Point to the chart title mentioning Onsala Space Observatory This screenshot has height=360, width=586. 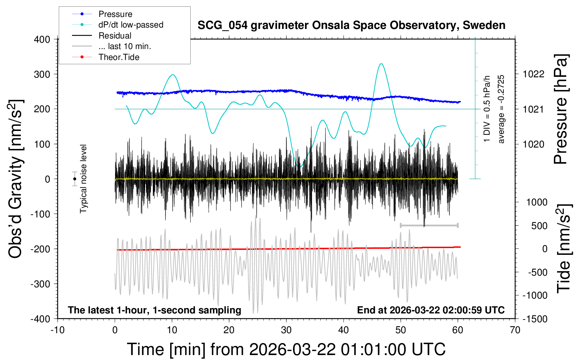pyautogui.click(x=351, y=25)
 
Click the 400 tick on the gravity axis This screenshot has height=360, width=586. pyautogui.click(x=42, y=40)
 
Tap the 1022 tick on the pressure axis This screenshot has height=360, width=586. pyautogui.click(x=533, y=74)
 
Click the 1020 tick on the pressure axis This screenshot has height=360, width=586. pyautogui.click(x=533, y=144)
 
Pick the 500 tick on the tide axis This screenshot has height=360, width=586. pyautogui.click(x=539, y=226)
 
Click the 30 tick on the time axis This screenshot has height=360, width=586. pyautogui.click(x=286, y=330)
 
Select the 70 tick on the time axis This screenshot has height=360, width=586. pyautogui.click(x=515, y=330)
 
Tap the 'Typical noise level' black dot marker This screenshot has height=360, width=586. pyautogui.click(x=74, y=179)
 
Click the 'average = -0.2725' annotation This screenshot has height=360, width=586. pyautogui.click(x=501, y=109)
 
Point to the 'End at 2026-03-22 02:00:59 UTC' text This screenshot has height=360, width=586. pyautogui.click(x=431, y=310)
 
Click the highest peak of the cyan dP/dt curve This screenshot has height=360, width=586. pyautogui.click(x=381, y=64)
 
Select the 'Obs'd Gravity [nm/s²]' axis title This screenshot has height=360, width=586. pyautogui.click(x=16, y=179)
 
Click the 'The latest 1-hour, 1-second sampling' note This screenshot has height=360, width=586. pyautogui.click(x=155, y=310)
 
